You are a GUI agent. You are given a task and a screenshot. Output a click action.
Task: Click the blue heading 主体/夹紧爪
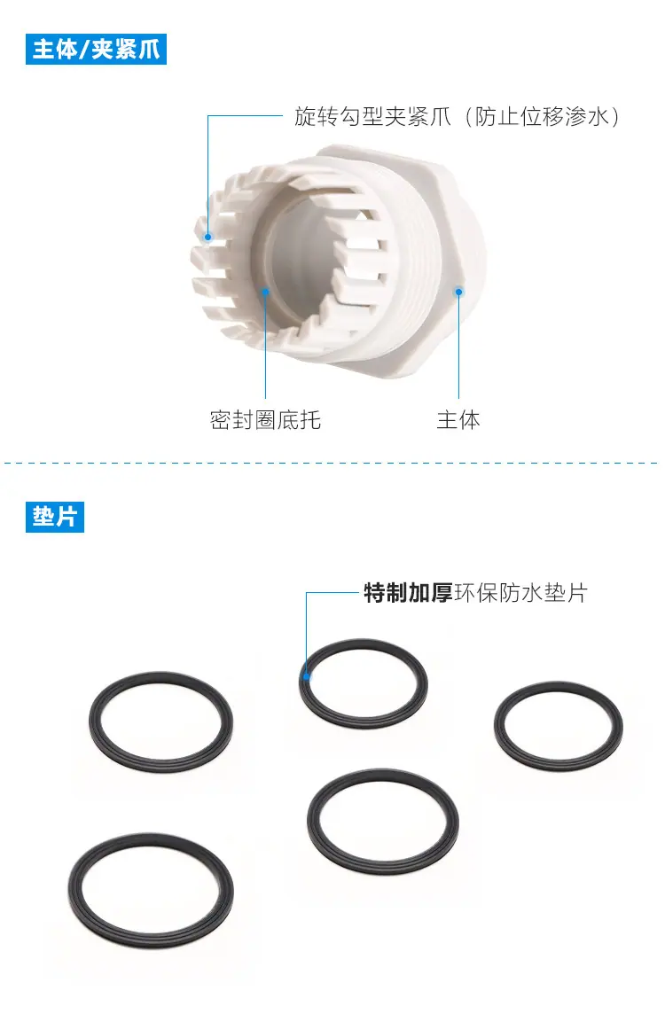click(96, 49)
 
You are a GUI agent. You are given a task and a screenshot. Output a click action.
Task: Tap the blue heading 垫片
click(55, 517)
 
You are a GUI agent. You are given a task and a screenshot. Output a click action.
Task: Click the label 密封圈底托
click(265, 420)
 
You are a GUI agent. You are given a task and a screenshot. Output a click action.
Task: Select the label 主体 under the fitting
click(458, 420)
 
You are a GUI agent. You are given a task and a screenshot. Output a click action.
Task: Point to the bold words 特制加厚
click(408, 592)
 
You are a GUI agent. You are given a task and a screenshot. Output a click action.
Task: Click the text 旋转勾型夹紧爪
click(372, 116)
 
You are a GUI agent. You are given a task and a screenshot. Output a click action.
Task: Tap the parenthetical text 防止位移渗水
click(542, 116)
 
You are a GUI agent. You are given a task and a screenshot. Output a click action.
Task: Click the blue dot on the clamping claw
click(207, 237)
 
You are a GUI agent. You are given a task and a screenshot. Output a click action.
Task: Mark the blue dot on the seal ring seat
click(265, 292)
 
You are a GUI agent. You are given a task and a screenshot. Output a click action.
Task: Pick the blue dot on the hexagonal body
click(458, 292)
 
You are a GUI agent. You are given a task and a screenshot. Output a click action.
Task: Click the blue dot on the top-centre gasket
click(307, 677)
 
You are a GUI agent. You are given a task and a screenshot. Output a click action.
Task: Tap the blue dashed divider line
click(332, 463)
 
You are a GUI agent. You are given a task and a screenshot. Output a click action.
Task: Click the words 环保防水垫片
click(520, 592)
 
